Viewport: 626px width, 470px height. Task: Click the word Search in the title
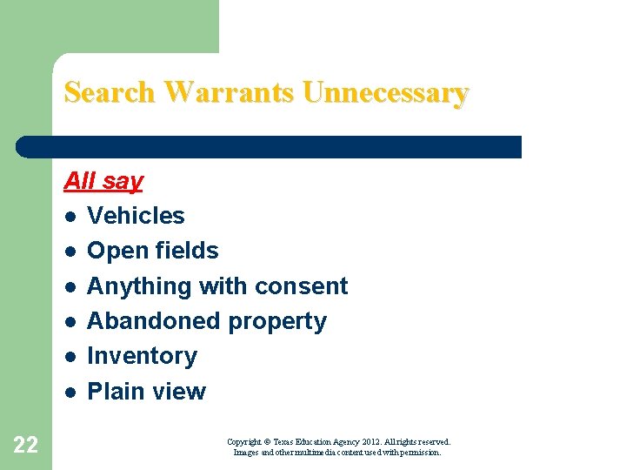110,92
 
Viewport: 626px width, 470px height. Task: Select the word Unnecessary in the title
386,92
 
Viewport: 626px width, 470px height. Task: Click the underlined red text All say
103,181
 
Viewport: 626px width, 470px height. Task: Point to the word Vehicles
136,216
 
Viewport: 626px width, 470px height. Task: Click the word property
277,321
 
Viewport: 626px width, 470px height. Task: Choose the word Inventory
142,356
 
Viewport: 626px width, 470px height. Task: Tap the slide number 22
26,446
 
